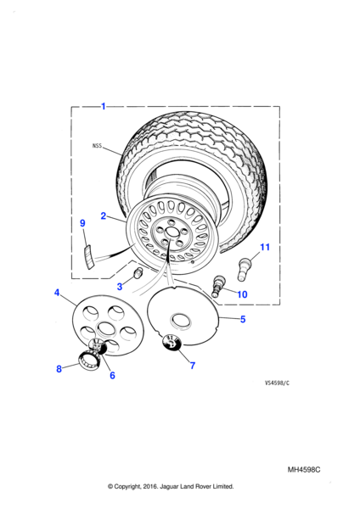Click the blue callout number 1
click(x=104, y=106)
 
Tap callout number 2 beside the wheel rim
click(x=104, y=215)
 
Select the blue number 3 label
click(x=120, y=287)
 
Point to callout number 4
click(x=57, y=293)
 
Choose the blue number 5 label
click(x=243, y=319)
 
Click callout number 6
click(x=112, y=375)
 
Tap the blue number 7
click(x=193, y=366)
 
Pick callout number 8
click(x=59, y=369)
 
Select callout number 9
click(x=82, y=223)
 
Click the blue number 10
click(x=242, y=294)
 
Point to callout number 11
click(x=265, y=247)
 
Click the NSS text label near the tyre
click(x=97, y=146)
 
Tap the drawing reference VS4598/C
click(x=277, y=383)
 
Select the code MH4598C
click(x=304, y=470)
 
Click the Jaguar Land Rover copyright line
click(x=171, y=486)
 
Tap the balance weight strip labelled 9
click(x=88, y=257)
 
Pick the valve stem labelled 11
click(x=245, y=269)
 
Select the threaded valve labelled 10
click(x=217, y=286)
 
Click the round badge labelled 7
click(x=172, y=342)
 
